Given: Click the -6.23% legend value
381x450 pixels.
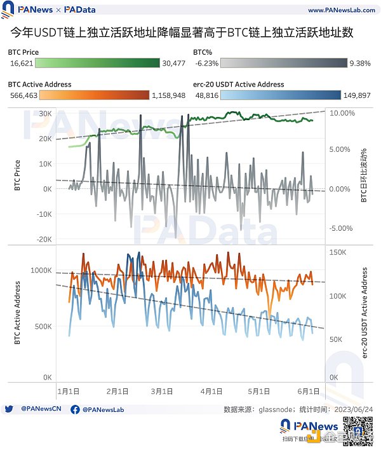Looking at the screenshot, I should coord(206,64).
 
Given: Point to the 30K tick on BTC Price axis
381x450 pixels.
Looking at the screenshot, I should coord(44,113).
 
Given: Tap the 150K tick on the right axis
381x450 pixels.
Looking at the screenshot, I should coord(337,252).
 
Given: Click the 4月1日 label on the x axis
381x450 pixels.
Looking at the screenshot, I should coord(211,391).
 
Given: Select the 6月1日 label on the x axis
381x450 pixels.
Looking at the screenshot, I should coord(309,391).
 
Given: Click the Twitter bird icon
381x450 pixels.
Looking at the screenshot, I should coord(9,409).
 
